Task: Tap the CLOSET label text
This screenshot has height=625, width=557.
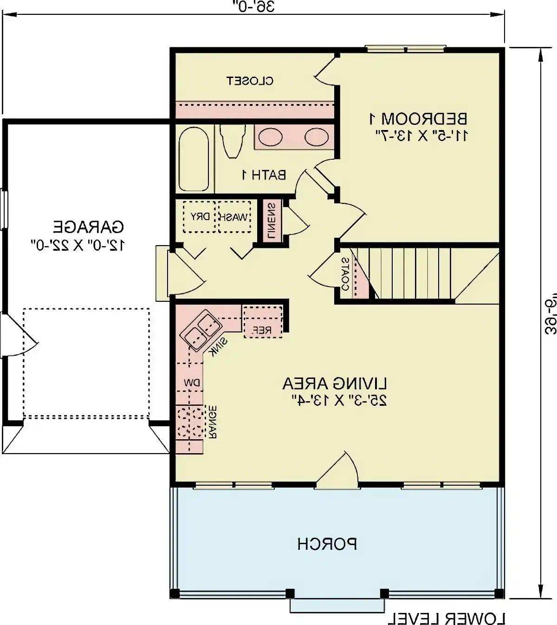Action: pos(250,81)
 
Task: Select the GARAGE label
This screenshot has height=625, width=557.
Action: pos(88,227)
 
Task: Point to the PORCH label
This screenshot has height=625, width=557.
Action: pos(327,544)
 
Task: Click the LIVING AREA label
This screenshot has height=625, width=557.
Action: pos(335,384)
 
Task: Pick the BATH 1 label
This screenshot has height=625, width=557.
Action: pos(264,175)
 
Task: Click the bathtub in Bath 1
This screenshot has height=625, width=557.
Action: pos(194,159)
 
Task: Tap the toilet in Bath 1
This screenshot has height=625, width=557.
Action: pos(232,140)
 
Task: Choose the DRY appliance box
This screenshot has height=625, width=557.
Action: pos(200,217)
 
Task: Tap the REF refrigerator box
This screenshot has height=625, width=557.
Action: pos(262,321)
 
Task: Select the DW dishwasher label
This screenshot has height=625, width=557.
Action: pos(191,383)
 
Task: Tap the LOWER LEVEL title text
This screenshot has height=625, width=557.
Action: pos(447,618)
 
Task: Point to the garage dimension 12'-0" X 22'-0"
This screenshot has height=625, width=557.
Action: pos(78,245)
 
